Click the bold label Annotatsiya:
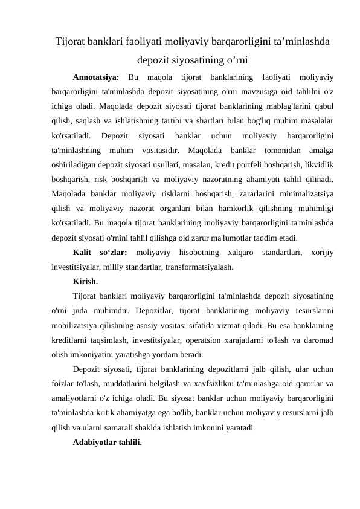coord(95,77)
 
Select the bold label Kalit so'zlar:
coord(100,253)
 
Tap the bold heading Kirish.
coord(86,281)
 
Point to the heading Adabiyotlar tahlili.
coord(107,442)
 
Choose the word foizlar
coord(65,383)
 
